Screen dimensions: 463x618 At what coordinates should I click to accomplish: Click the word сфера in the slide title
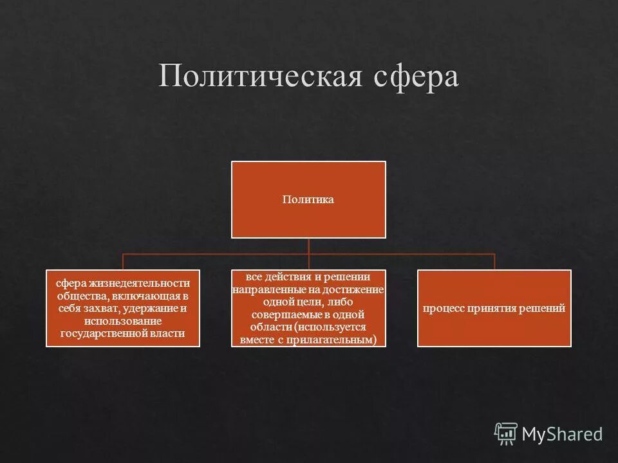pyautogui.click(x=417, y=77)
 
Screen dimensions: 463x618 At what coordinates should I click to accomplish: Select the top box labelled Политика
pyautogui.click(x=308, y=199)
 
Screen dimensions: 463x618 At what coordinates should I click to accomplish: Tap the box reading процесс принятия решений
pyautogui.click(x=494, y=309)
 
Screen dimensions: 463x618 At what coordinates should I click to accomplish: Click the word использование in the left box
pyautogui.click(x=122, y=321)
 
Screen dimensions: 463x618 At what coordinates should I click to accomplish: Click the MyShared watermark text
pyautogui.click(x=562, y=434)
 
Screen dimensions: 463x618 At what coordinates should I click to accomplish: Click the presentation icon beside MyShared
pyautogui.click(x=506, y=433)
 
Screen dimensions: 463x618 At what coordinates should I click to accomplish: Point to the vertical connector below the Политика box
pyautogui.click(x=308, y=246)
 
